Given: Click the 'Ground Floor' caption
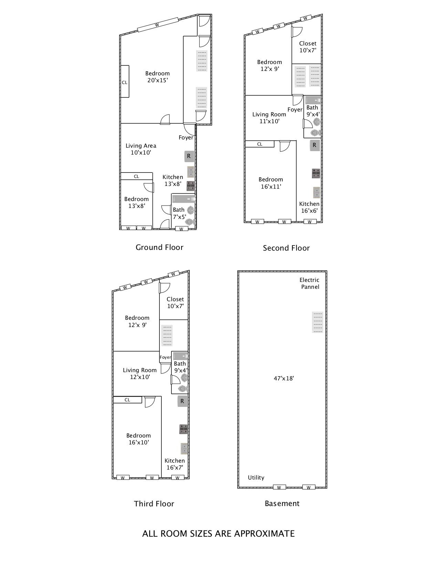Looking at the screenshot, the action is (159, 247).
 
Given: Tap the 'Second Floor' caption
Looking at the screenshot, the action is (286, 248).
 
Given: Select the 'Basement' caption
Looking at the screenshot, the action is (282, 503).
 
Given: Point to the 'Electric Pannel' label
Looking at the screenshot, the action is (310, 283).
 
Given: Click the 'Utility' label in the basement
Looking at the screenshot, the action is (256, 477).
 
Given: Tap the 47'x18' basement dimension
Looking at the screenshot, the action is (284, 378).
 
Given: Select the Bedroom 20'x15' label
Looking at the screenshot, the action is (157, 77).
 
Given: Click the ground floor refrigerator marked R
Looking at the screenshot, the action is (189, 156).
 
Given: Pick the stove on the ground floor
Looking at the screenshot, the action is (191, 186).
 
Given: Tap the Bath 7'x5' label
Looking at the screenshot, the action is (179, 213).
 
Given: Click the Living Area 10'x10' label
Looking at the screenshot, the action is (141, 149).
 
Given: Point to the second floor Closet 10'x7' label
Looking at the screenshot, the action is (308, 47).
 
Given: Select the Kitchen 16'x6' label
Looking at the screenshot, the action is (309, 207).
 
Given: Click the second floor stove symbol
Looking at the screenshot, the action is (316, 173).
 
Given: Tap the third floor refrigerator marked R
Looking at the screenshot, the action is (182, 401).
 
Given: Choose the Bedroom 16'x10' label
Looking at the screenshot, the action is (138, 439).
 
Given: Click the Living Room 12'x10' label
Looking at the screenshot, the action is (140, 374).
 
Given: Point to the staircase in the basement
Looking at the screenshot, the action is (318, 322).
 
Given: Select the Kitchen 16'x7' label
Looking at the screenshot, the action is (175, 464).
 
